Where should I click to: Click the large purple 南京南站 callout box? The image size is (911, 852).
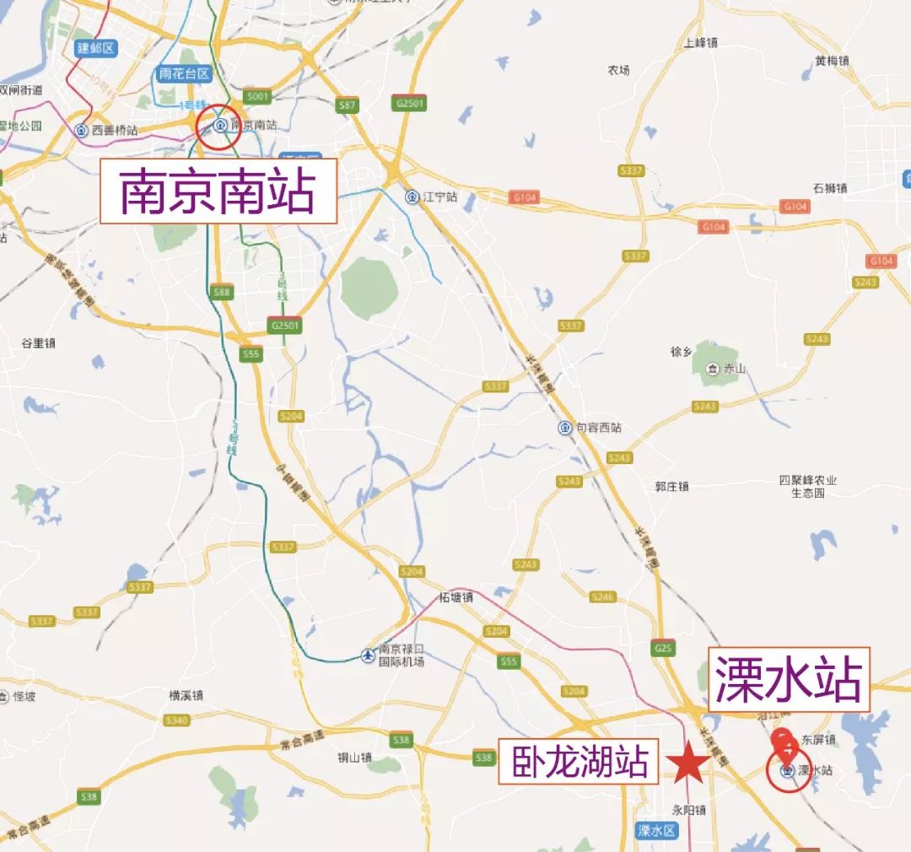pyautogui.click(x=218, y=192)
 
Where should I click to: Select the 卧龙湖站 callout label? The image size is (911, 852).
pyautogui.click(x=579, y=763)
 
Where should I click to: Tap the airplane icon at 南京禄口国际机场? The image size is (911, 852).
pyautogui.click(x=367, y=655)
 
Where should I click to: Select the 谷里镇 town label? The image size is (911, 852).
pyautogui.click(x=38, y=342)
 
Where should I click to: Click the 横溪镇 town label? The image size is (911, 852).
pyautogui.click(x=186, y=695)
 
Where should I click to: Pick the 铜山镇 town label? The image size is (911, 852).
pyautogui.click(x=354, y=757)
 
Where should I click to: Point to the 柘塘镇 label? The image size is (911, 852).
pyautogui.click(x=456, y=597)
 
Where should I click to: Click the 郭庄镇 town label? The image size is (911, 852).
pyautogui.click(x=671, y=486)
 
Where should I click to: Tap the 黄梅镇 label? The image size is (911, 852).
pyautogui.click(x=832, y=61)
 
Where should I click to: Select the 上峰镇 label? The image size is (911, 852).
pyautogui.click(x=700, y=42)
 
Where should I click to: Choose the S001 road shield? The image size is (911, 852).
pyautogui.click(x=258, y=96)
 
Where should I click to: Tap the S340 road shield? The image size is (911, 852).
pyautogui.click(x=177, y=720)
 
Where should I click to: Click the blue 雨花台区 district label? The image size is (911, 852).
pyautogui.click(x=184, y=73)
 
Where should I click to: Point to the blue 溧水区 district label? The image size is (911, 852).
pyautogui.click(x=657, y=830)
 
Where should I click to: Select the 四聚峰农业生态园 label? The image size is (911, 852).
pyautogui.click(x=808, y=486)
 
